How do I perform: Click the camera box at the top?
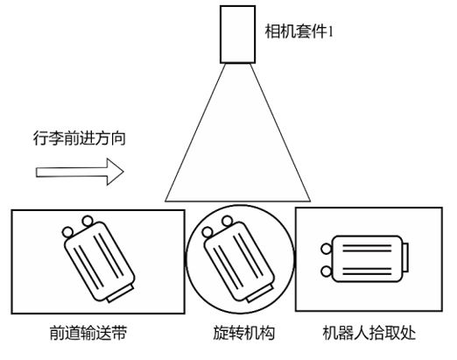[x=236, y=36]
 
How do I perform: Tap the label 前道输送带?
[x=89, y=334]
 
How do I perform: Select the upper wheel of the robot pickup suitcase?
[x=327, y=248]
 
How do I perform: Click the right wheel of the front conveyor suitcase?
[x=87, y=219]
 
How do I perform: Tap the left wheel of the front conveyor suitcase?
[x=68, y=231]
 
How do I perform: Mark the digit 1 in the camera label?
[x=332, y=32]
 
